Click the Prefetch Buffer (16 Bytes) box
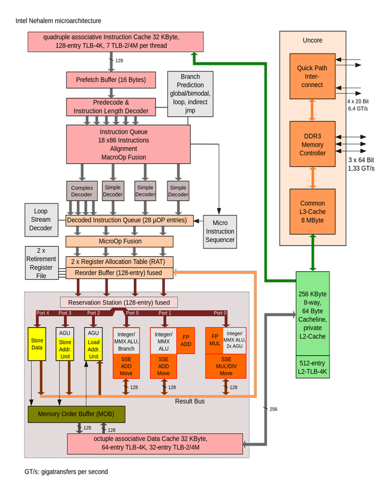pyautogui.click(x=110, y=80)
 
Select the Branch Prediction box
pyautogui.click(x=190, y=94)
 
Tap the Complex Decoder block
pyautogui.click(x=82, y=191)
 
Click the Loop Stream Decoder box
pyautogui.click(x=41, y=220)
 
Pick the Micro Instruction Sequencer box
pyautogui.click(x=220, y=231)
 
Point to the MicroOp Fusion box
pyautogui.click(x=120, y=241)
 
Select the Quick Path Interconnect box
pyautogui.click(x=312, y=76)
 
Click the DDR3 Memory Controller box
pyautogui.click(x=312, y=145)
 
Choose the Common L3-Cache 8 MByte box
pyautogui.click(x=312, y=212)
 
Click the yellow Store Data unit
pyautogui.click(x=37, y=345)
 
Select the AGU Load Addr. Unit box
pyautogui.click(x=93, y=345)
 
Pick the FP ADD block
pyautogui.click(x=185, y=340)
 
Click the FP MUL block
pyautogui.click(x=214, y=340)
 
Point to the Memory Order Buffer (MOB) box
pyautogui.click(x=76, y=414)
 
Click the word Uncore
pyautogui.click(x=312, y=40)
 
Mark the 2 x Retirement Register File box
pyautogui.click(x=41, y=263)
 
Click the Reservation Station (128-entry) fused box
pyautogui.click(x=119, y=303)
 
